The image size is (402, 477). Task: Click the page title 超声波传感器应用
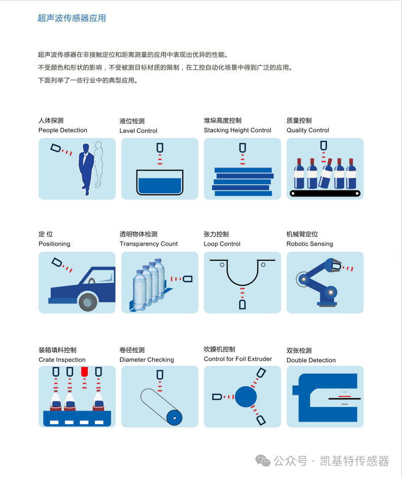72,18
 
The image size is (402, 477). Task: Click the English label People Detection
63,130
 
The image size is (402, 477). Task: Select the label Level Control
139,131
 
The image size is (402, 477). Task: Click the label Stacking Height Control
238,130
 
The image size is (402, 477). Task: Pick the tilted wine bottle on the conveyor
326,173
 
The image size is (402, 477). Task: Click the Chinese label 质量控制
299,121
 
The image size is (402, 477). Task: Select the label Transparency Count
149,244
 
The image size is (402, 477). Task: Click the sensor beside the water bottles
187,279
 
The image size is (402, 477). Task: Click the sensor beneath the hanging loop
242,304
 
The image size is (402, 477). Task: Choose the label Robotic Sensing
310,244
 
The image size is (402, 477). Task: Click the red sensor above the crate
84,371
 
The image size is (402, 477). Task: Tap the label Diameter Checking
147,360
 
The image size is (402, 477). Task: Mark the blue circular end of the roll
175,418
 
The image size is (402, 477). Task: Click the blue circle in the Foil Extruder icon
246,396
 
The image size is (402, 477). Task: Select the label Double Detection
311,360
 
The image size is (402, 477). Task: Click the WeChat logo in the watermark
263,461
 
